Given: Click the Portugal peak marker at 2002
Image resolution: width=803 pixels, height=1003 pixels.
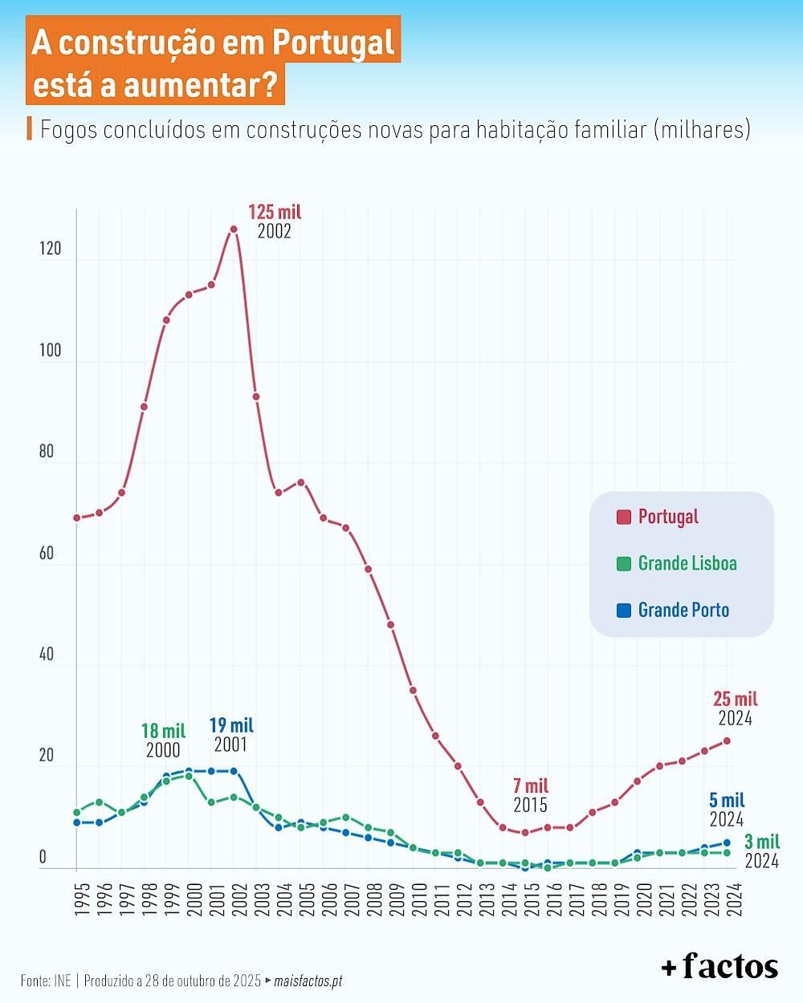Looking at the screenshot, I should pyautogui.click(x=234, y=229).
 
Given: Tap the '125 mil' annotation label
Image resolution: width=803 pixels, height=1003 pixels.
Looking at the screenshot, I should pyautogui.click(x=275, y=213).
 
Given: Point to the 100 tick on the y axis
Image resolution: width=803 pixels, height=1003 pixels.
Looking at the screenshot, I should pyautogui.click(x=50, y=351).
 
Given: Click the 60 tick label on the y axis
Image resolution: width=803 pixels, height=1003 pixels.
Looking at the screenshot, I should pyautogui.click(x=47, y=553).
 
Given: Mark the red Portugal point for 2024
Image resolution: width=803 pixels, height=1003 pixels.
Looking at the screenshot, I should pyautogui.click(x=727, y=741).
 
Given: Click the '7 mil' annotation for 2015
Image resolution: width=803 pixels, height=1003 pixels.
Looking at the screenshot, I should pyautogui.click(x=531, y=786).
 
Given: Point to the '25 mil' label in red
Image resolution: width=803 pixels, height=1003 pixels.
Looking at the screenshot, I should pyautogui.click(x=735, y=699).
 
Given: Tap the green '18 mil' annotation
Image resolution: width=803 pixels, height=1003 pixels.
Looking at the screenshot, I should pyautogui.click(x=163, y=731).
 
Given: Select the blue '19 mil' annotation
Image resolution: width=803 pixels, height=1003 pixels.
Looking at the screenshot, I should pyautogui.click(x=231, y=725).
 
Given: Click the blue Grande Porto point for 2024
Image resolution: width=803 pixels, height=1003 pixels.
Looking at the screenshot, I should pyautogui.click(x=727, y=843).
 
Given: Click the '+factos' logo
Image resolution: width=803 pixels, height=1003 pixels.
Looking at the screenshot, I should pyautogui.click(x=719, y=966).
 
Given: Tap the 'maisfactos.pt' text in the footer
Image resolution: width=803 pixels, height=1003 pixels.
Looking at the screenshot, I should pyautogui.click(x=308, y=981).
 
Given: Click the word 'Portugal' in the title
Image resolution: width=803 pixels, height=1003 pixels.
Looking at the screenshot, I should pyautogui.click(x=333, y=43).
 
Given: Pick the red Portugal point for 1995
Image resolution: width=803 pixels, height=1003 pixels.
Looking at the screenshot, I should pyautogui.click(x=77, y=518).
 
